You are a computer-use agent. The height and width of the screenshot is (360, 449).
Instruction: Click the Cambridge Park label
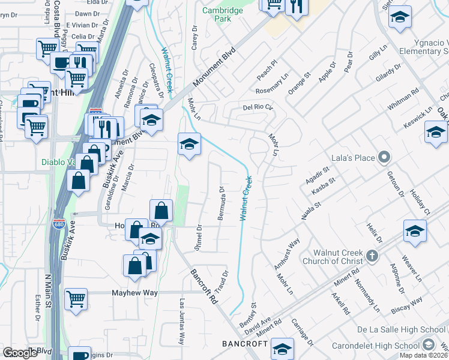pos(223,14)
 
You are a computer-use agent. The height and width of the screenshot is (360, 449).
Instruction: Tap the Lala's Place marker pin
pos(385,158)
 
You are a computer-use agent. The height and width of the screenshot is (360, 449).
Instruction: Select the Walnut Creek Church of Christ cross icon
pos(372,257)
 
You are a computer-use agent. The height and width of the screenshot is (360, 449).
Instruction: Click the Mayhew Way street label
pos(134,293)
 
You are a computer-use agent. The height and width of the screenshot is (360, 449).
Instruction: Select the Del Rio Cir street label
pos(258,108)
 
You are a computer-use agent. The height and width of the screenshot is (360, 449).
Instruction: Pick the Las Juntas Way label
pos(181,322)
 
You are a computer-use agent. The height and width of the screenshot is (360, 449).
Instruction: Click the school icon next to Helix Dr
pos(415,231)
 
